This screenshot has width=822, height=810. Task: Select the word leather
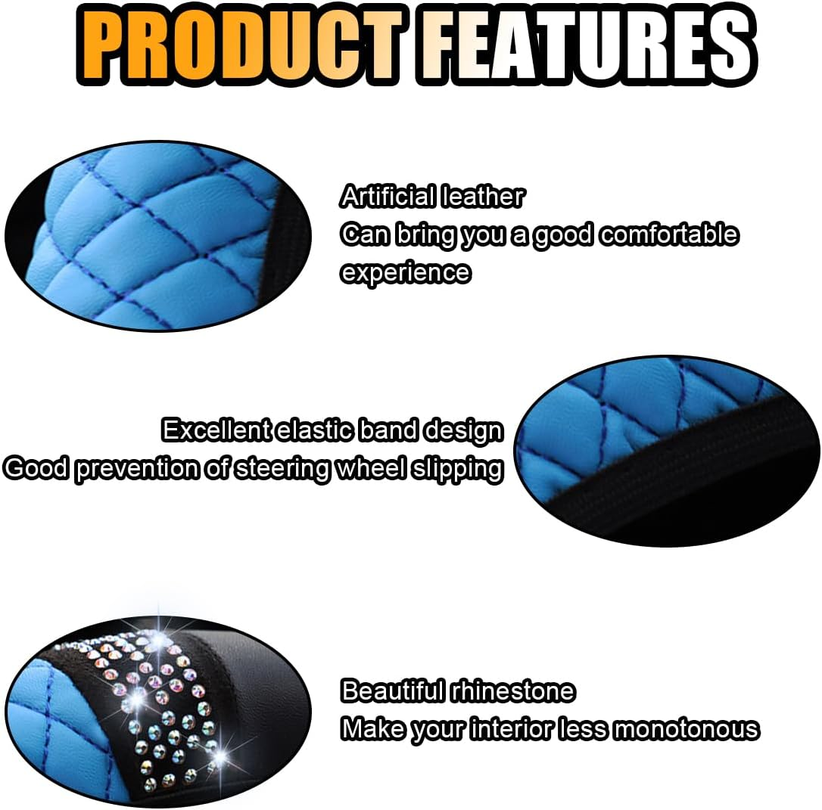(x=483, y=197)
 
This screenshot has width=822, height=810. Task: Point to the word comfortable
(x=669, y=234)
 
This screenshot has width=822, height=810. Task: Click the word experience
(x=405, y=272)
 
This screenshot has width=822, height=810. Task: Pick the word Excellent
(x=216, y=430)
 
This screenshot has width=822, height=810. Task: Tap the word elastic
(x=314, y=430)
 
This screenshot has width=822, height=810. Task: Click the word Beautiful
(x=392, y=691)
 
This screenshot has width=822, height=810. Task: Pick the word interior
(x=512, y=729)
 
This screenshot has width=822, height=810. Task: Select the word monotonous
(x=686, y=729)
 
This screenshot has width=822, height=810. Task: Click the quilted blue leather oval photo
(x=151, y=234)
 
